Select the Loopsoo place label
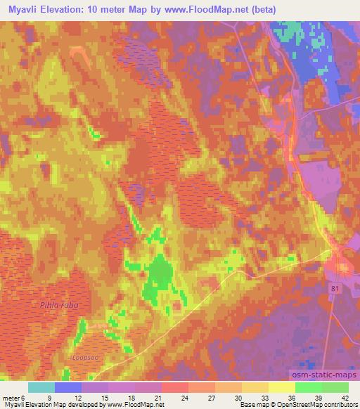[84, 358]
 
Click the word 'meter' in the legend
[11, 396]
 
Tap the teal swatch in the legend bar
[41, 387]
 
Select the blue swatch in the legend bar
[68, 387]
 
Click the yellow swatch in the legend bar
[281, 387]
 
